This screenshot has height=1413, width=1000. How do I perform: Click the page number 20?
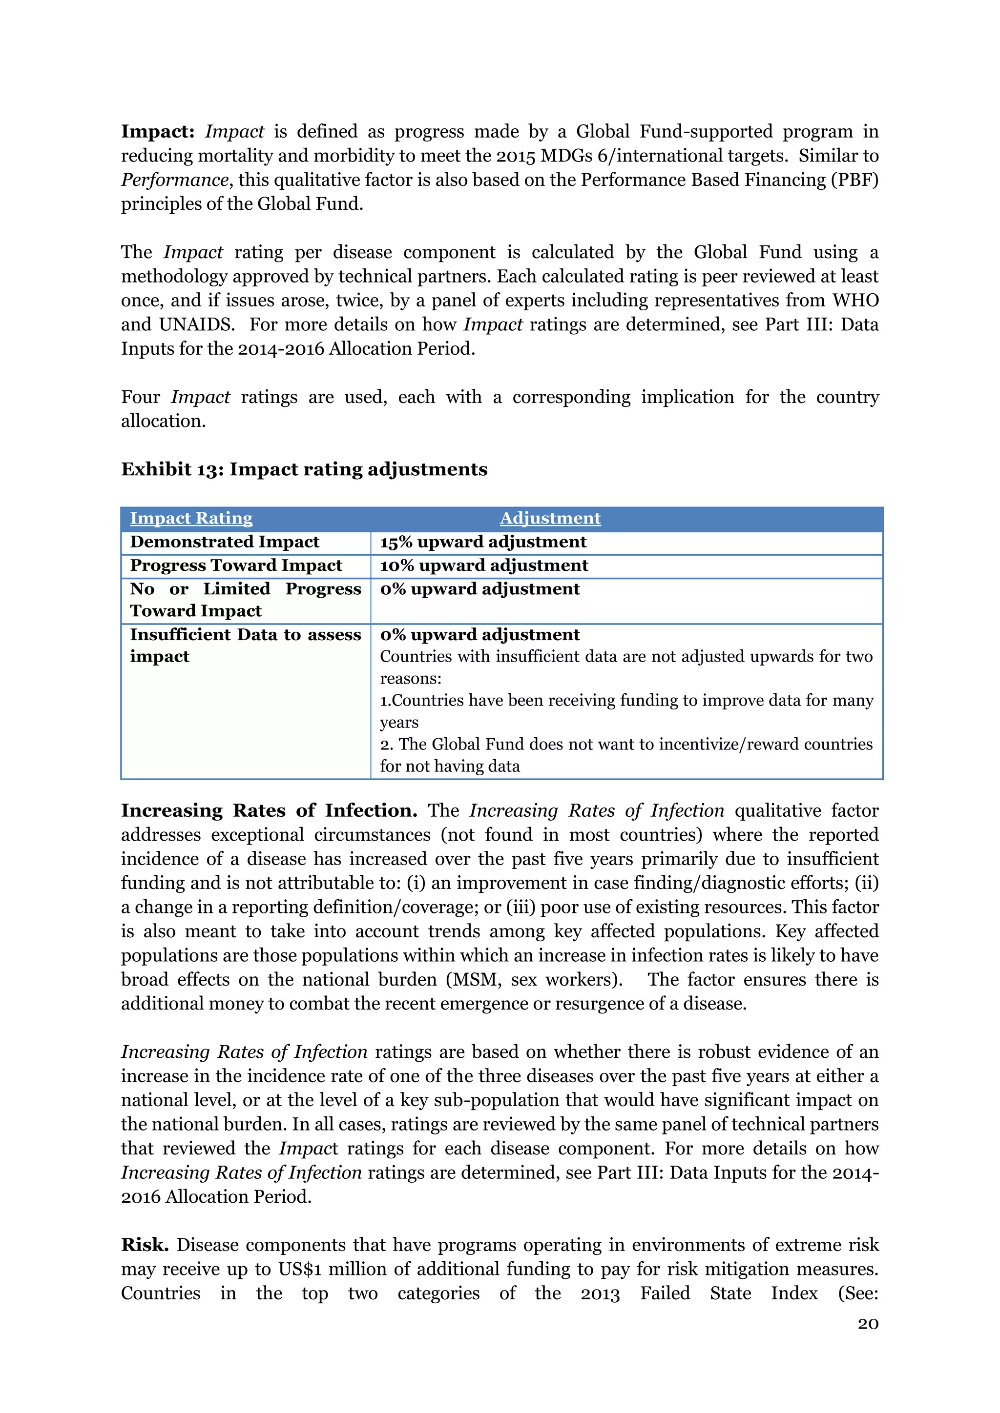[868, 1323]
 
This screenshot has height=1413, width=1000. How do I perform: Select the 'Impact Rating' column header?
[191, 518]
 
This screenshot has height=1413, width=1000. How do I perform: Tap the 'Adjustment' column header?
[550, 518]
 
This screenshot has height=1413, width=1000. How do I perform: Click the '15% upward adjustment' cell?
[483, 542]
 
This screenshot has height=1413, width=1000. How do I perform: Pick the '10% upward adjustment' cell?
[483, 565]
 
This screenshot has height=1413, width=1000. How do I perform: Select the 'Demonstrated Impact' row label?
[224, 542]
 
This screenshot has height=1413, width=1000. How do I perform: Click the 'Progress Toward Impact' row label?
[236, 565]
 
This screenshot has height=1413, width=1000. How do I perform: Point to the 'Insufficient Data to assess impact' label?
[245, 645]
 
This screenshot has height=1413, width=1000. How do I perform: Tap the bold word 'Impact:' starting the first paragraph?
[158, 132]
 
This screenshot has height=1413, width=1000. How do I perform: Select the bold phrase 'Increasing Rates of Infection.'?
[269, 810]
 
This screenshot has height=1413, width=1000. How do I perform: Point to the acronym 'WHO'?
[855, 301]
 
